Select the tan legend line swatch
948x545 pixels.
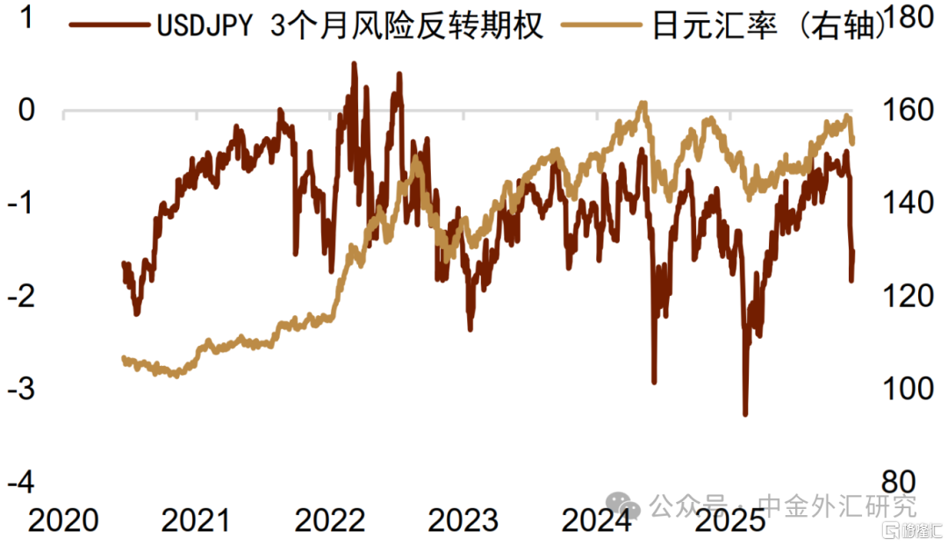click(606, 26)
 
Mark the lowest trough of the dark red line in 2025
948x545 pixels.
click(745, 413)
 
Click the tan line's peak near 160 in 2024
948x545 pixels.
click(643, 104)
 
